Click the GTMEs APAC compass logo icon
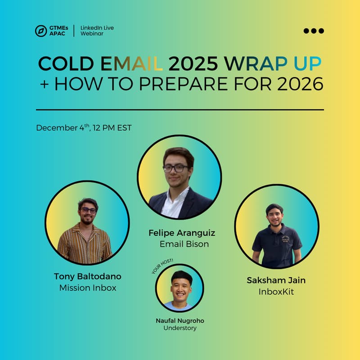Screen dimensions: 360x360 pyautogui.click(x=41, y=31)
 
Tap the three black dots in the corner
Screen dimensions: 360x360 pyautogui.click(x=314, y=31)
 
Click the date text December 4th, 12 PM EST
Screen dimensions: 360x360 pyautogui.click(x=84, y=128)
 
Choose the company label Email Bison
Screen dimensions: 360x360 pyautogui.click(x=184, y=244)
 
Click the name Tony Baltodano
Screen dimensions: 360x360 pyautogui.click(x=87, y=276)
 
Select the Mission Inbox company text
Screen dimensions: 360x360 pyautogui.click(x=88, y=288)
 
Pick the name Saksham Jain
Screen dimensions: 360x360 pyautogui.click(x=276, y=280)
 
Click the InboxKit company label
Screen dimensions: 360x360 pyautogui.click(x=276, y=292)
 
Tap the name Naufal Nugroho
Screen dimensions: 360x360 pyautogui.click(x=180, y=320)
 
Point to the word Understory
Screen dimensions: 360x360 pyautogui.click(x=180, y=328)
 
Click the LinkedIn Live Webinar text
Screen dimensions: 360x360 pyautogui.click(x=97, y=31)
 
